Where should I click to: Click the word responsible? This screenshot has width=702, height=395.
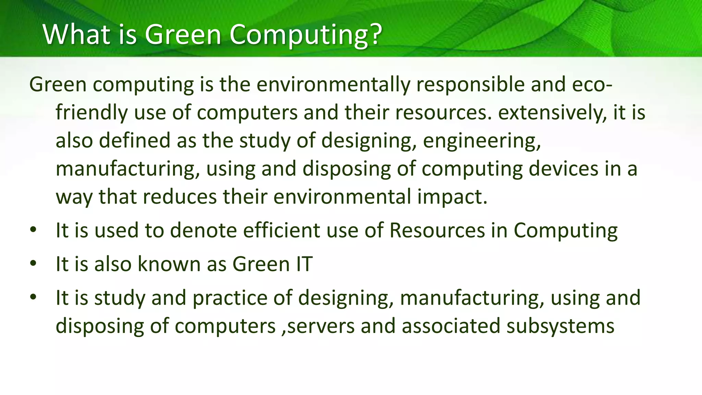tap(470, 85)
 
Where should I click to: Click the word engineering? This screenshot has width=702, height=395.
tap(482, 141)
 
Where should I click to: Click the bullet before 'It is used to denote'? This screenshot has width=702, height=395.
tap(33, 230)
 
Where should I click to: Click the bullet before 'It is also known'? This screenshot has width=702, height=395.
tap(33, 264)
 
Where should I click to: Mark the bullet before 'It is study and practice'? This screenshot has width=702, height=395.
tap(33, 297)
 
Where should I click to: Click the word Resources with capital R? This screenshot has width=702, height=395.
tap(437, 230)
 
